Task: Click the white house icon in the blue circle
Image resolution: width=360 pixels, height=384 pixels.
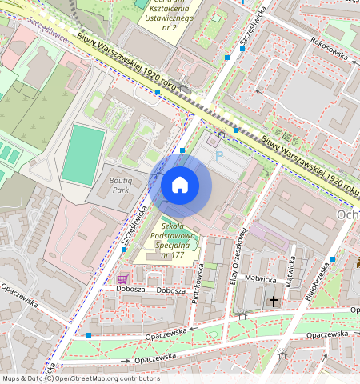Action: (x=180, y=186)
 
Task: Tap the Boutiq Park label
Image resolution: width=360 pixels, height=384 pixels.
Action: (x=124, y=186)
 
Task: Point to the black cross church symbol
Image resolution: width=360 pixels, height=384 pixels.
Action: (x=274, y=301)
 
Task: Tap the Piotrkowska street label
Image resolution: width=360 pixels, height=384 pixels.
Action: (x=201, y=288)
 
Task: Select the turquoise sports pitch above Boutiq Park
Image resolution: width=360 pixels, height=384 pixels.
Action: (x=83, y=154)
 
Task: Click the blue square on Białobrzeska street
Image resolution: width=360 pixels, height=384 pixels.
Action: (x=332, y=258)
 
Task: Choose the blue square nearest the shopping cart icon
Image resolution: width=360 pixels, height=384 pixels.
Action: (x=123, y=250)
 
